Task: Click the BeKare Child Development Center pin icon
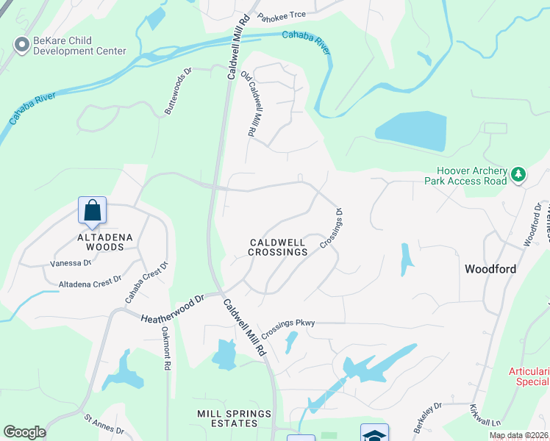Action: (x=21, y=46)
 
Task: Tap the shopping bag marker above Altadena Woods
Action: (x=93, y=211)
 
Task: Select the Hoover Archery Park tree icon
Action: (x=519, y=174)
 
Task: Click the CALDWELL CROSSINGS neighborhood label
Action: (x=277, y=247)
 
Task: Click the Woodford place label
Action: (x=490, y=269)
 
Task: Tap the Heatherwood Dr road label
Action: (x=172, y=308)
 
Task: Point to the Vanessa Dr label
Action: (x=71, y=263)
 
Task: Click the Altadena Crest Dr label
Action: (x=90, y=282)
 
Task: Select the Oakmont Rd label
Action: (x=166, y=348)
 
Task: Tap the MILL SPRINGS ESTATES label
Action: (x=235, y=418)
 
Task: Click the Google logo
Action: (x=24, y=432)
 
